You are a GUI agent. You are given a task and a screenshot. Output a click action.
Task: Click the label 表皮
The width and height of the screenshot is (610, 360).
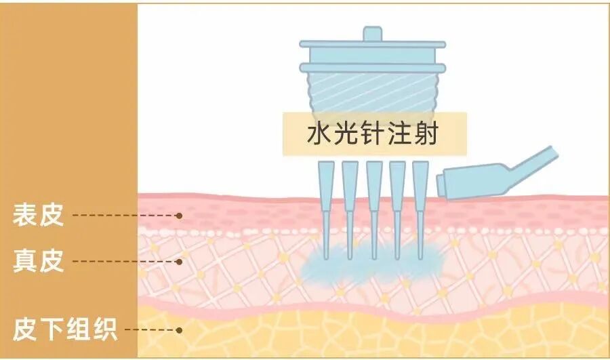coord(38,216)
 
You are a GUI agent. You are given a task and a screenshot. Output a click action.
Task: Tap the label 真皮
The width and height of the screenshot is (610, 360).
coord(38,261)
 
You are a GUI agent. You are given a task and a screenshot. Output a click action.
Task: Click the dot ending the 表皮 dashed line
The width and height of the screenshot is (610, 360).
coord(180,216)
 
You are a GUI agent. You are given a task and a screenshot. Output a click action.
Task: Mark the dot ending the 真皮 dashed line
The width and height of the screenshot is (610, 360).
coord(180,261)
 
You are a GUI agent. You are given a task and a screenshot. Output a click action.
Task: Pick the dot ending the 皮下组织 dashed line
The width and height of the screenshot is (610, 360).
coord(180,330)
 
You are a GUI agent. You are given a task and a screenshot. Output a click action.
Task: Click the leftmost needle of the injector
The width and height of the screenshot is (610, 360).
coord(326,203)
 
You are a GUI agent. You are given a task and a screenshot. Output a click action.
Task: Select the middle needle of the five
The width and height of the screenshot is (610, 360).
coord(374,203)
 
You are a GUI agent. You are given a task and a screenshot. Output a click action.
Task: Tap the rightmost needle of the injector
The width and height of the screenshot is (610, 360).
coord(421,203)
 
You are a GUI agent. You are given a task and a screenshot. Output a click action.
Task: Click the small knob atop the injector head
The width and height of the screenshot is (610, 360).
coord(373,33)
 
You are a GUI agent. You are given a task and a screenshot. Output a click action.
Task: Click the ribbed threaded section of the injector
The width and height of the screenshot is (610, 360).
coord(373,92)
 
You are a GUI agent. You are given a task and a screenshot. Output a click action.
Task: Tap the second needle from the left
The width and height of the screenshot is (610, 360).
coord(350,203)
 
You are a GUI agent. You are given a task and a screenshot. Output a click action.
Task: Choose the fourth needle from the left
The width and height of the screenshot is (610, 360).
coord(398,203)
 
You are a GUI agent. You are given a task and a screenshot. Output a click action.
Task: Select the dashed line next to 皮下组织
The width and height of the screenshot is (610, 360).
coord(149,330)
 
